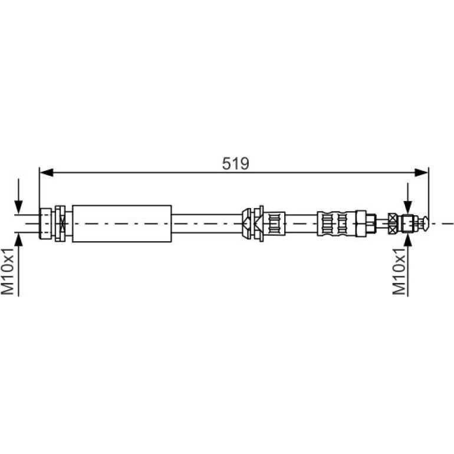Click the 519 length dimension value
tap(235, 163)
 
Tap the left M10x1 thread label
tap(7, 271)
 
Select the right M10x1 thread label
tap(399, 271)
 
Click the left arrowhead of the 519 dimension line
tap(47, 173)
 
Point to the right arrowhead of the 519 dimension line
tap(422, 173)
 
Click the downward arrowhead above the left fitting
tap(18, 208)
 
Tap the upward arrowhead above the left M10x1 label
tap(18, 240)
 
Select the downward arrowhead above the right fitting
tap(407, 208)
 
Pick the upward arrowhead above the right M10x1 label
tap(407, 240)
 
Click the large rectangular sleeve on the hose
tap(122, 223)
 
